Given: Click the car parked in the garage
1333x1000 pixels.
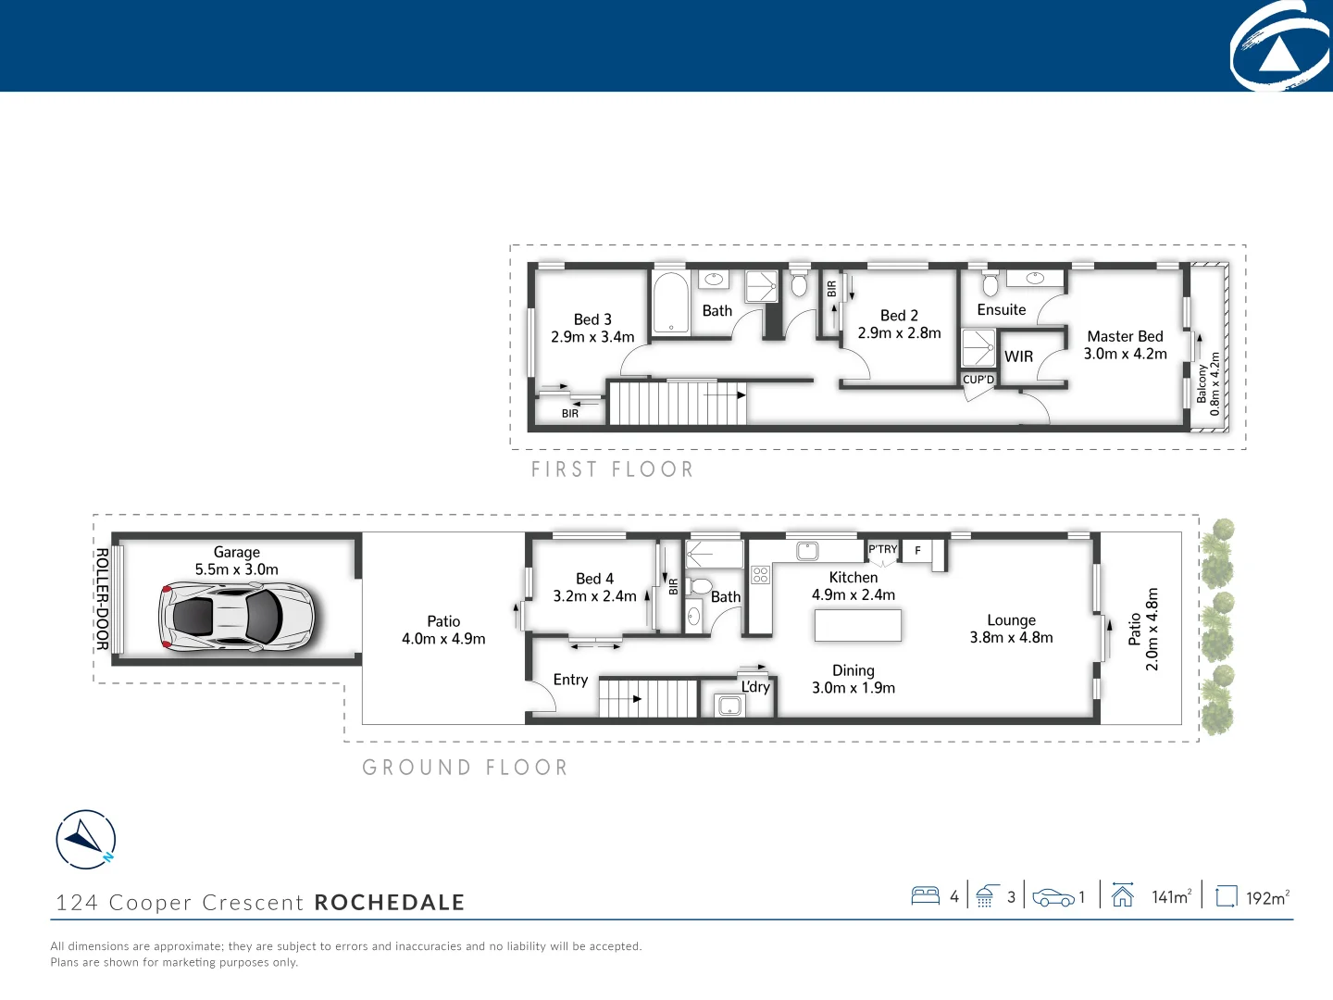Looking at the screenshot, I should (237, 616).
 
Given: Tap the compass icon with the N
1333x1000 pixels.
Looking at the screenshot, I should (86, 840).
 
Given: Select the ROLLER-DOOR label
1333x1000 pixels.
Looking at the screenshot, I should (102, 599).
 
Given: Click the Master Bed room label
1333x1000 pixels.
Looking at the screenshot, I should (1125, 336).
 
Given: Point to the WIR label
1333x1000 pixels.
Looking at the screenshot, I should (1018, 356).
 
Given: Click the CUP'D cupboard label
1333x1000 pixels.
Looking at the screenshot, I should (978, 380).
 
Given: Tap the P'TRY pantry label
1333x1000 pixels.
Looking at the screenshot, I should (882, 549).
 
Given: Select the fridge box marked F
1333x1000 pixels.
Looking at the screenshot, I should (917, 550).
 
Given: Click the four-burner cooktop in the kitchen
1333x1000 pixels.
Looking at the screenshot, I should (760, 575).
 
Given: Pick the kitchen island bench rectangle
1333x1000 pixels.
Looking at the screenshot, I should (857, 626).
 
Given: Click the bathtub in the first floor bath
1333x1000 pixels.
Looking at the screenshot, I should (670, 302).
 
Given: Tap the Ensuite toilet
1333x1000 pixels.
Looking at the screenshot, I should (990, 282).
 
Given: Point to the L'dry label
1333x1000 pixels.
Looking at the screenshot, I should (755, 687).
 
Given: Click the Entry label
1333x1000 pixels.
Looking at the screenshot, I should (570, 680).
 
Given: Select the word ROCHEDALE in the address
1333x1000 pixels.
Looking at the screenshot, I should (390, 903).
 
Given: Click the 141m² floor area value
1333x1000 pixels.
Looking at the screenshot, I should (1171, 896).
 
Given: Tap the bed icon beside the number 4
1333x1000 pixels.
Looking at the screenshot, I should (926, 895).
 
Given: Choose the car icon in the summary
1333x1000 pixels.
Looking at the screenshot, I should (1053, 897).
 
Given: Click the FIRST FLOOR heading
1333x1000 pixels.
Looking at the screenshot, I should (612, 469).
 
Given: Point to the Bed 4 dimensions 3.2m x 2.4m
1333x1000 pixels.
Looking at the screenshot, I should (594, 596).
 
